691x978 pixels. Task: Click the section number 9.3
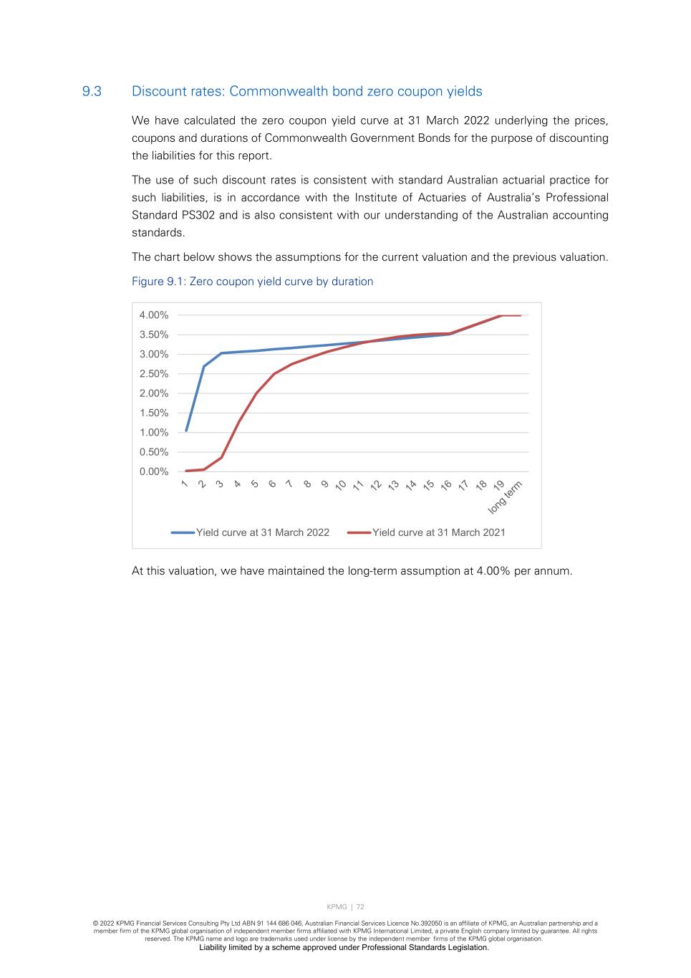tap(92, 92)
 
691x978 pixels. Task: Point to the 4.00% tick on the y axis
tap(154, 315)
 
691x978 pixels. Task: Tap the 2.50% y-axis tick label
tap(154, 374)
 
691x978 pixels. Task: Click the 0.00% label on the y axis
tap(154, 471)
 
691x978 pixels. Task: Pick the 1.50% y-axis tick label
tap(154, 413)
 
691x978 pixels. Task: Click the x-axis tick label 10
tap(341, 486)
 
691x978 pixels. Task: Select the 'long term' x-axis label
tap(506, 497)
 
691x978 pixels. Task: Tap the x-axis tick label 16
tap(446, 486)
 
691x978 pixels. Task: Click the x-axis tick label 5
tap(255, 484)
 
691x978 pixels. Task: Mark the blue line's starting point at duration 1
tap(186, 431)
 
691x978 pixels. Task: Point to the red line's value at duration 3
tap(221, 457)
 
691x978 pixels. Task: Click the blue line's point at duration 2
tap(204, 367)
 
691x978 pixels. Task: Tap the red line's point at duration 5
tap(256, 393)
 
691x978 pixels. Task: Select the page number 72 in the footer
tap(361, 907)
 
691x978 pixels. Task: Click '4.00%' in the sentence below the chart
tap(493, 571)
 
